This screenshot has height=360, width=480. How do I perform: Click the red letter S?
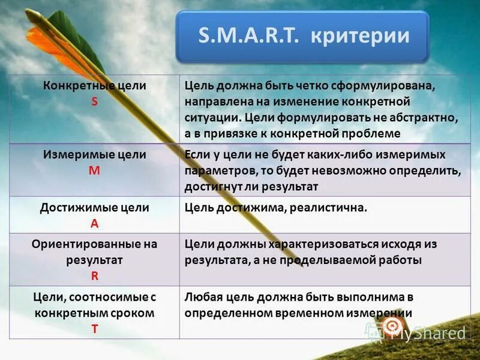[94, 101]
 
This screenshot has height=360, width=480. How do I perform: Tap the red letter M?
[94, 170]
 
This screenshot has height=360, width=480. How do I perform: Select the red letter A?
[95, 224]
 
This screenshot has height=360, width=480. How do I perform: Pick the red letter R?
[95, 276]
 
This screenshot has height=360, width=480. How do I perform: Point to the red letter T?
[95, 329]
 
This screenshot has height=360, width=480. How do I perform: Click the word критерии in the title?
[360, 36]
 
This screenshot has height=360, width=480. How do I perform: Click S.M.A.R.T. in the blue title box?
[248, 35]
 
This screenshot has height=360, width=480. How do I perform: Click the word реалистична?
[328, 208]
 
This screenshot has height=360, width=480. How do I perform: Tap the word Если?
[197, 155]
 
